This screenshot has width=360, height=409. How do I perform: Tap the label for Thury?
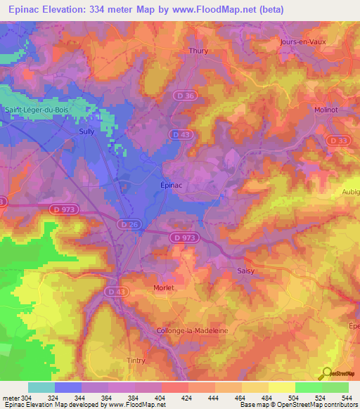(x=199, y=51)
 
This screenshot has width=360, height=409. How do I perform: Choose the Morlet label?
(x=164, y=287)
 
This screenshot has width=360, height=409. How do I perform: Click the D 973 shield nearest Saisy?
(x=184, y=238)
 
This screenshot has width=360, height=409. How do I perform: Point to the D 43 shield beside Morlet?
(x=117, y=290)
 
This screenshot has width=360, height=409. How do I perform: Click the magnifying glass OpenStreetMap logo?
(x=327, y=373)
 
